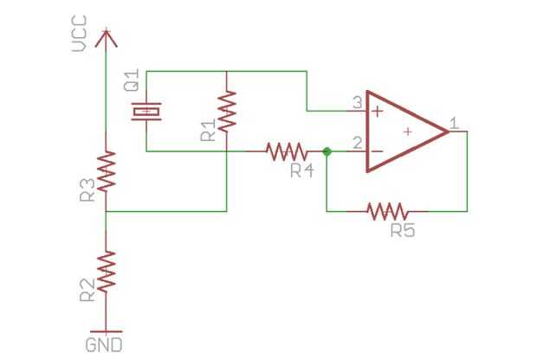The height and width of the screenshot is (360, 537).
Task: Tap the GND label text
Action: click(104, 344)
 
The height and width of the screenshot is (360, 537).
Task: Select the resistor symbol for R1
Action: click(226, 111)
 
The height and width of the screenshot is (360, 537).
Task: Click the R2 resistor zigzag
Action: click(105, 272)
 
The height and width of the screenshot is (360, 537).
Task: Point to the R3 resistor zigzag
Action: click(105, 171)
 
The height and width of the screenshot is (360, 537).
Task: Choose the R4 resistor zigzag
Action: click(287, 151)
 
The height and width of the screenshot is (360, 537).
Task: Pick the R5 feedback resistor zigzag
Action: click(387, 210)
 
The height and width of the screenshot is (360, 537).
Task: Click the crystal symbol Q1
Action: click(146, 111)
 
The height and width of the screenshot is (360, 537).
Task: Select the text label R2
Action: click(87, 291)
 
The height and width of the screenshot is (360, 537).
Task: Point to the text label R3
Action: click(87, 191)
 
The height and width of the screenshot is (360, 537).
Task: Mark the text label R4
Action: click(301, 171)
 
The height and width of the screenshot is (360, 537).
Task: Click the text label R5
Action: click(403, 231)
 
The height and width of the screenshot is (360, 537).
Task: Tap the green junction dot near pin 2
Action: click(327, 151)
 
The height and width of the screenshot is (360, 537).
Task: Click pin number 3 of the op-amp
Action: click(356, 103)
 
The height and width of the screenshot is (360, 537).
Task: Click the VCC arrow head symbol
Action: click(105, 37)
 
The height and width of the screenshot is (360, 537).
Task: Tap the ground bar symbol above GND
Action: click(105, 330)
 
